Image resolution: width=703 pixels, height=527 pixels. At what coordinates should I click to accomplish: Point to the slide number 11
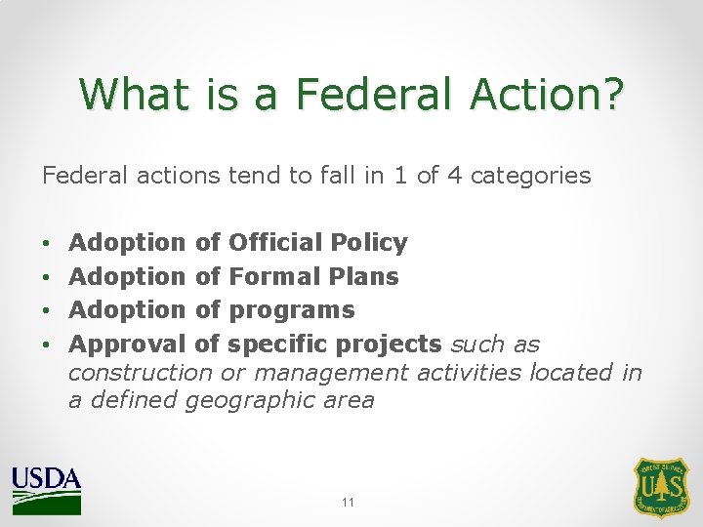tap(349, 502)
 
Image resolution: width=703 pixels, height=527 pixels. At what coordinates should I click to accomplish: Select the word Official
tap(275, 242)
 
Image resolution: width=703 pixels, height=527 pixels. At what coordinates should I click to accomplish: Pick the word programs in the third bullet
tap(291, 310)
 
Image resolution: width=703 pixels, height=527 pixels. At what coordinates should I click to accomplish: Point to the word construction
tap(140, 372)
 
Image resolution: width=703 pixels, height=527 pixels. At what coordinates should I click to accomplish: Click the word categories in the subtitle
tap(530, 176)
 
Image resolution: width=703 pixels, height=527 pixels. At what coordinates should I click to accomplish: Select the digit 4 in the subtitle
tap(453, 176)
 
